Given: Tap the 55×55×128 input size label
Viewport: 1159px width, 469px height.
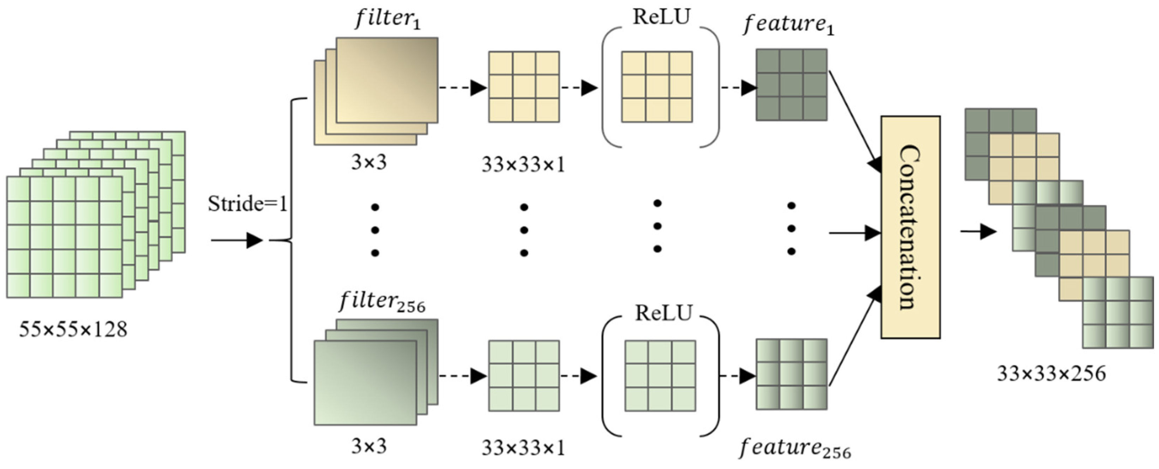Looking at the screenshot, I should [x=73, y=330].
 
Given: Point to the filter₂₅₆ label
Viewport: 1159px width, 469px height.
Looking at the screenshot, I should [x=382, y=301].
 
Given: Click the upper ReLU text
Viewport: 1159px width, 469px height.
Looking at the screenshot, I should [x=661, y=17].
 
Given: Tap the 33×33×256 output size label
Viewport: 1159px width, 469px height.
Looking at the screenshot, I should [x=1051, y=374].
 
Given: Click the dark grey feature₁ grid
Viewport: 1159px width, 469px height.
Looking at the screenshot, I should [x=791, y=85].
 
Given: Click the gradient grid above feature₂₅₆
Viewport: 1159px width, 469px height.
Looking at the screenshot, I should [x=791, y=374].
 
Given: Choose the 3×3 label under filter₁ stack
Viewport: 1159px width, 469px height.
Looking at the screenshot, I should [x=368, y=162].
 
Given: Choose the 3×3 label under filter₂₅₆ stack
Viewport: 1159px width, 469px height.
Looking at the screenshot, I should [x=368, y=446].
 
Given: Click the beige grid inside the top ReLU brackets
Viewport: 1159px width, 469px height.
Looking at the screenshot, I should [x=657, y=87].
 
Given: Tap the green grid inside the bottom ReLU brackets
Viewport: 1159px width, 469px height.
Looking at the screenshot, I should [x=660, y=376].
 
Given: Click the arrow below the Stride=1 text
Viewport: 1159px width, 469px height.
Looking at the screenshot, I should [x=237, y=241].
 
